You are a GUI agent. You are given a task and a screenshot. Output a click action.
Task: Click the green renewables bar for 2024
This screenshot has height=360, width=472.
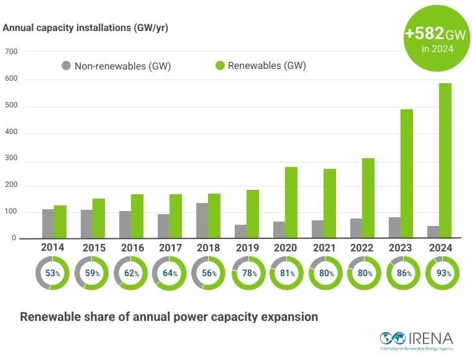tap(445, 161)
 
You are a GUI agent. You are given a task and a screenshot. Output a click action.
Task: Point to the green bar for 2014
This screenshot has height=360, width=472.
tap(60, 222)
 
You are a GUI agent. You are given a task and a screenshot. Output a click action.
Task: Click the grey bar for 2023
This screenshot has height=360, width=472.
tap(394, 227)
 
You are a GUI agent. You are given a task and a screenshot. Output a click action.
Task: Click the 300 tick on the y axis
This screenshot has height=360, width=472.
tap(11, 160)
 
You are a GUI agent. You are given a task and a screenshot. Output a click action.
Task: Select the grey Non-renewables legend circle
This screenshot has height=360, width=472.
tap(66, 65)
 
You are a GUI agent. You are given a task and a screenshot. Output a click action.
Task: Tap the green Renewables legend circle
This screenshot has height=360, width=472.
tap(219, 65)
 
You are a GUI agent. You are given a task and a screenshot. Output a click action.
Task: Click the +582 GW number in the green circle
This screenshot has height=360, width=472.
tap(424, 34)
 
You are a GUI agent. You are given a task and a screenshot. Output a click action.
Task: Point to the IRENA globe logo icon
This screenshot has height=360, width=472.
tap(393, 339)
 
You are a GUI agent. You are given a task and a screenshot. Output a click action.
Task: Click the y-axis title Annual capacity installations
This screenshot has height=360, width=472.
tap(86, 27)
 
